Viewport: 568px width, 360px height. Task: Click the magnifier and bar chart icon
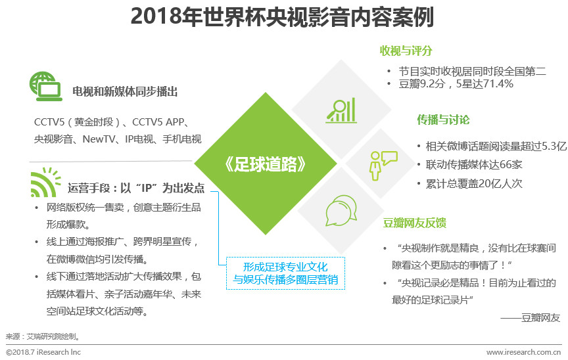(x=340, y=110)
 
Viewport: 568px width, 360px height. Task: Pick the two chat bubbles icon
(x=340, y=212)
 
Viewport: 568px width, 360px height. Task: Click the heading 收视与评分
(x=406, y=51)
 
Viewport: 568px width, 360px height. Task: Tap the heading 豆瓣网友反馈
(x=415, y=223)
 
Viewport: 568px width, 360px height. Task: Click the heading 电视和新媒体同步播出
(x=125, y=91)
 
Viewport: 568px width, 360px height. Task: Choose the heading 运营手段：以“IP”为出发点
(x=136, y=189)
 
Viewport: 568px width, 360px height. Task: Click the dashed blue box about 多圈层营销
(x=285, y=273)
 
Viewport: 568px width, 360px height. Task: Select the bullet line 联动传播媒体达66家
(x=469, y=165)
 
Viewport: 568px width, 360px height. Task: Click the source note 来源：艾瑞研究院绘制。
(x=43, y=336)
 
